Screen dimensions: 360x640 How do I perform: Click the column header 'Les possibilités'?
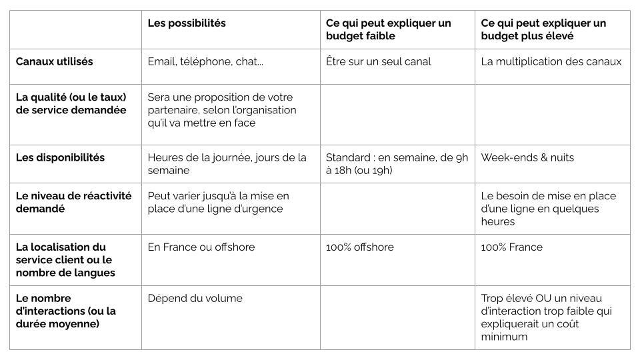(x=187, y=23)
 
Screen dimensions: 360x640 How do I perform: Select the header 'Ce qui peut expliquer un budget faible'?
(x=388, y=29)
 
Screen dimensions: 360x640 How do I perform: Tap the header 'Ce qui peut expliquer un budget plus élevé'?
(x=543, y=29)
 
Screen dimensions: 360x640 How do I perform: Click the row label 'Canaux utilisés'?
(x=55, y=61)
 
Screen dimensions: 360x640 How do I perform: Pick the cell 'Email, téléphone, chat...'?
(x=205, y=61)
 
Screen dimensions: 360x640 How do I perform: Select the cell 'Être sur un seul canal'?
(x=378, y=61)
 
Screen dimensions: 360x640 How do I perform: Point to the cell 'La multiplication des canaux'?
(x=551, y=61)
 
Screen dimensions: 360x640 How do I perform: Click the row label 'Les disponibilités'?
(x=60, y=158)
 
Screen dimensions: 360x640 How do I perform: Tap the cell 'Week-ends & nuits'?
(x=527, y=158)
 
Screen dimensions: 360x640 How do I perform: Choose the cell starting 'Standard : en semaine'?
(x=397, y=164)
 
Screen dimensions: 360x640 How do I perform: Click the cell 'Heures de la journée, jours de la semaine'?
(x=227, y=164)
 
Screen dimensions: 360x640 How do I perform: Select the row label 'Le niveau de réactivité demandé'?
(x=73, y=202)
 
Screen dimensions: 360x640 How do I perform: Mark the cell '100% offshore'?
(x=359, y=247)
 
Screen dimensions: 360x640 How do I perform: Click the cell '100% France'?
(x=511, y=247)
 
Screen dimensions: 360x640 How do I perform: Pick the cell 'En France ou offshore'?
(x=201, y=247)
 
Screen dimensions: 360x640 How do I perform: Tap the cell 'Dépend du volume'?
(x=195, y=299)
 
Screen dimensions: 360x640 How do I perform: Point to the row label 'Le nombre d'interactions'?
(x=65, y=311)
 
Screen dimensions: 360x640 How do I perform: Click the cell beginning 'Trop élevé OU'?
(x=547, y=317)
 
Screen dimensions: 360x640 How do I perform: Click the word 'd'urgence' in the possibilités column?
(x=261, y=209)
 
